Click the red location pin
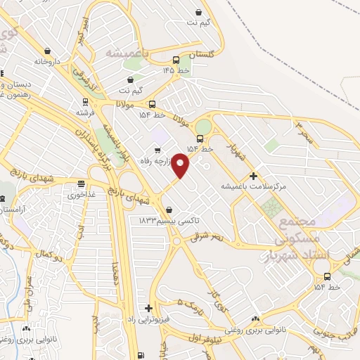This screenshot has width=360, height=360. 181,166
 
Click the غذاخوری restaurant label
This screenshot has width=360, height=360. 82,195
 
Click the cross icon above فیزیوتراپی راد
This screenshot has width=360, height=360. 148,308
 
